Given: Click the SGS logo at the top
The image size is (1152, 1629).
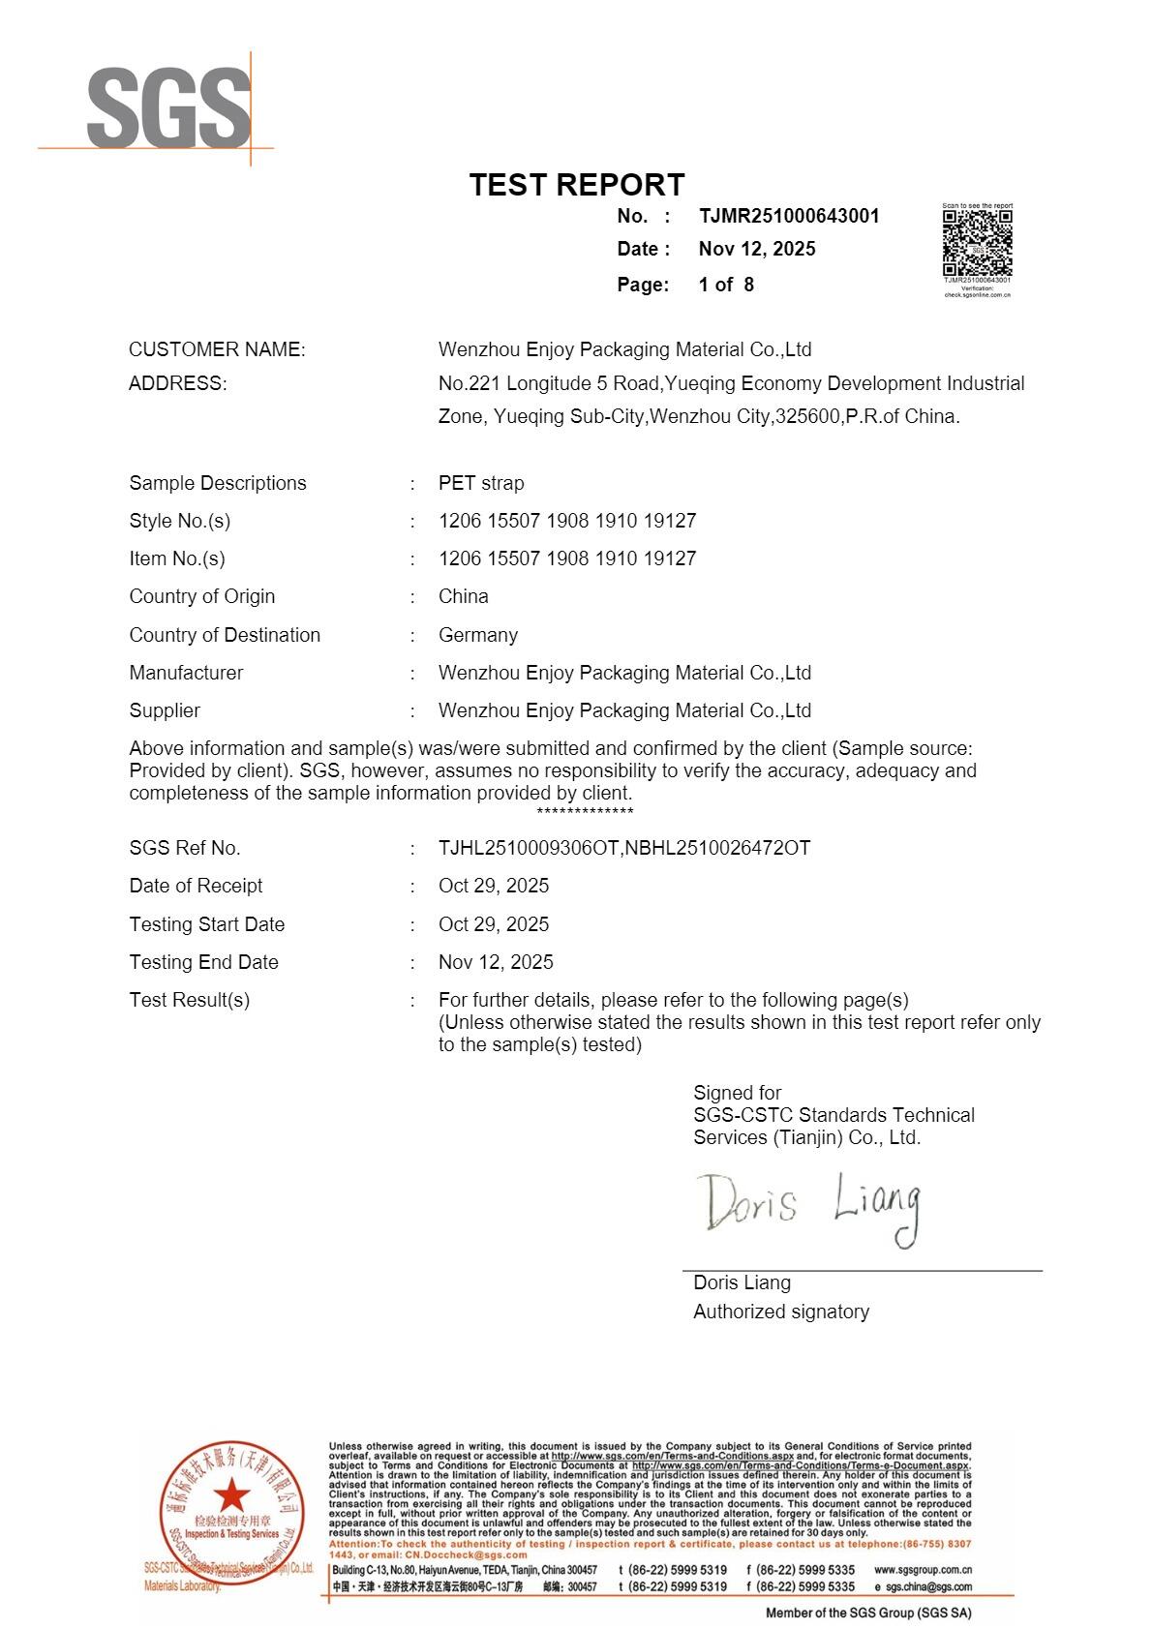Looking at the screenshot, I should pos(168,108).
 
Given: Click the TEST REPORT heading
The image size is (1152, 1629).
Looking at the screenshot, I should pos(577,185).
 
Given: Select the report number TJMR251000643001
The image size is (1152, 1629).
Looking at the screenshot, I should pos(789,216).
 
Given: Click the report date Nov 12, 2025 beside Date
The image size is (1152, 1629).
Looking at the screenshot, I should pos(757,249).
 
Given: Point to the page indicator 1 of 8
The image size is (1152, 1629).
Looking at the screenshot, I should pos(726,285).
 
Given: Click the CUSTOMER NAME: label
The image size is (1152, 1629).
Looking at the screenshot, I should pos(217,349).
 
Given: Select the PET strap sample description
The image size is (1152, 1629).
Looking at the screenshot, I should pos(481,483).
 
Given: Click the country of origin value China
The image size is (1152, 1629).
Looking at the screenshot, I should pos(463,596).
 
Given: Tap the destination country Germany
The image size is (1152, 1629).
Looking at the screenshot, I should pos(478,635).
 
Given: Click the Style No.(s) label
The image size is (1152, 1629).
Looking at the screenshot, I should pos(180,521).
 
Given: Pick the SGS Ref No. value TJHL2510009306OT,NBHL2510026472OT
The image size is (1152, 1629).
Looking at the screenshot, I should pos(624,848).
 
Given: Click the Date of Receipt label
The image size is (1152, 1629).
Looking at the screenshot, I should pos(196,886).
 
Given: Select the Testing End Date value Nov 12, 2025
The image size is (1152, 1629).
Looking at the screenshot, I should pos(496,962).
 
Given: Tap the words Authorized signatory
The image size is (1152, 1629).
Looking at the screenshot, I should pos(781,1312).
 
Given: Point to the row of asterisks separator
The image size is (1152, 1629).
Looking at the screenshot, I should pos(585,811).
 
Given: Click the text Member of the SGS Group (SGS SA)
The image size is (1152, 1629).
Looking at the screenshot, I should pos(868,1613).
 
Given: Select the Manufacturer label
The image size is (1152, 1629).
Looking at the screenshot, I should pos(186,673).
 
